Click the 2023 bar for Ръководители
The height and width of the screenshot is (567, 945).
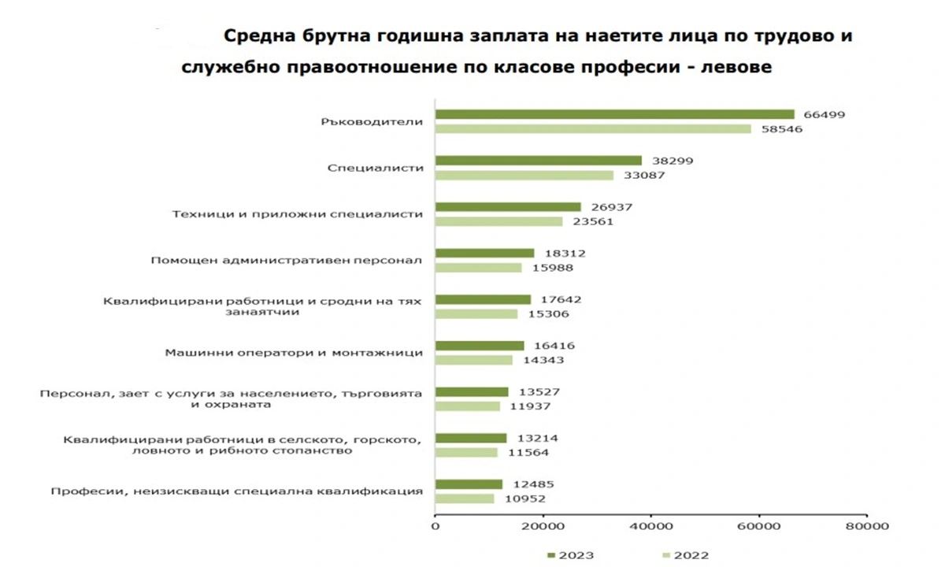[614, 114]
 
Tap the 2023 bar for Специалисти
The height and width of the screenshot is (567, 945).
[539, 161]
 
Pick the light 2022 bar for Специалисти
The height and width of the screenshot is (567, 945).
[524, 175]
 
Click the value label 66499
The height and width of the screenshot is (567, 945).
[824, 114]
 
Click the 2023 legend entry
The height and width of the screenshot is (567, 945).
[570, 555]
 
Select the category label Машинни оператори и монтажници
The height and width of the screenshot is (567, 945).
[294, 353]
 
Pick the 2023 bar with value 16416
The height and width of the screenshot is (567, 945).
[480, 346]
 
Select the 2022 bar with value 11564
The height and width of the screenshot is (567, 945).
[466, 453]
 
